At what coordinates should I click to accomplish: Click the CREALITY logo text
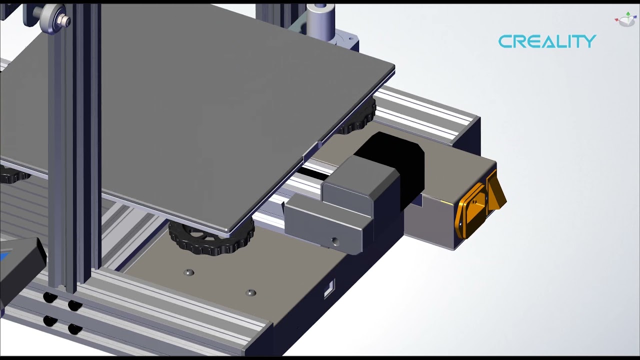(x=547, y=41)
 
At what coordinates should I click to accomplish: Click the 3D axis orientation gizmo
(x=626, y=20)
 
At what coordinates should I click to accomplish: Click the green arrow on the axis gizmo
(x=628, y=14)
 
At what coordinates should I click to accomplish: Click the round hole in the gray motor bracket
(x=335, y=242)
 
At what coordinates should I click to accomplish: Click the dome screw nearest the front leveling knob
(x=189, y=272)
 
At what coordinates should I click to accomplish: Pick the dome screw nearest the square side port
(x=251, y=292)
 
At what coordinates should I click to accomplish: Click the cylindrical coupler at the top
(x=320, y=20)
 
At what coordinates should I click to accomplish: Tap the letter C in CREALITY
(x=505, y=41)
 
